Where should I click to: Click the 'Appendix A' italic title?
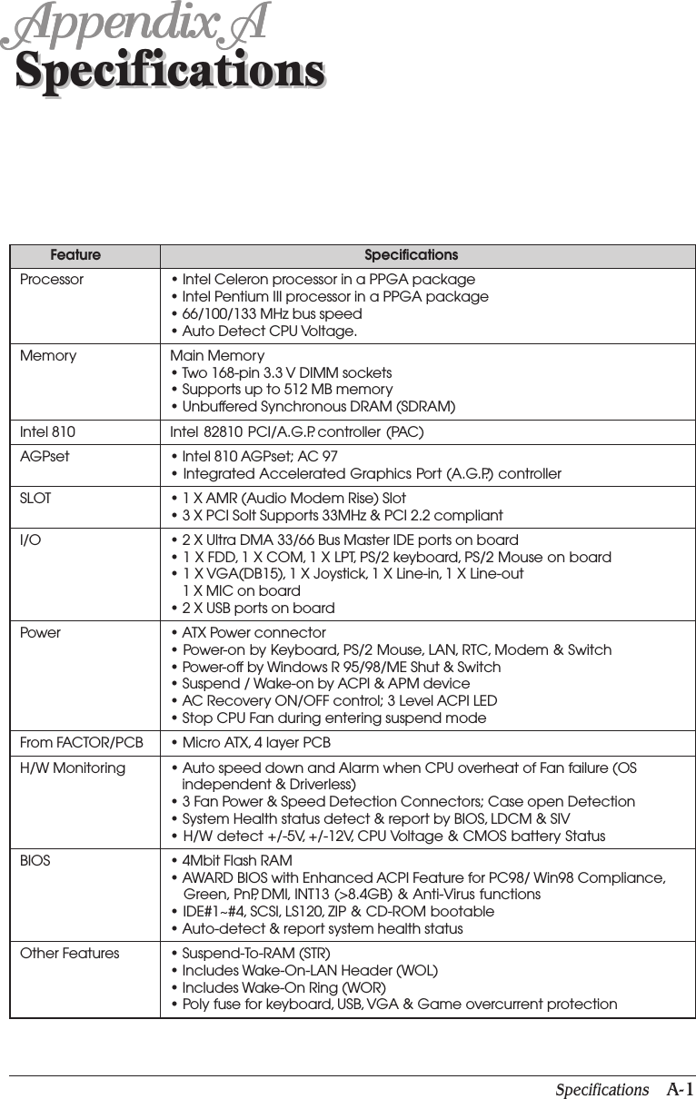coord(136,25)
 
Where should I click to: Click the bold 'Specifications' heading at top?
coord(170,70)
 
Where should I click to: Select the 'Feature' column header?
coord(75,256)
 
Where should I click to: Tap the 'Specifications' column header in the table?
coord(411,256)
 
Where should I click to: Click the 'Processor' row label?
coord(52,280)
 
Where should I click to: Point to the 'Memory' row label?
coord(48,356)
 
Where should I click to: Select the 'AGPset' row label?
coord(45,457)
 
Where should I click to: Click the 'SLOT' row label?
coord(35,499)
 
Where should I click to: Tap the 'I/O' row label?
coord(30,540)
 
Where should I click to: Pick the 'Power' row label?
coord(40,633)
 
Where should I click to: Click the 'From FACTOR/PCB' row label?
coord(82,744)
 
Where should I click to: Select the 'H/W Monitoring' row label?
coord(73,768)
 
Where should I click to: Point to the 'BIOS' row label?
coord(35,861)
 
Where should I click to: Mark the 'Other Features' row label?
coord(69,954)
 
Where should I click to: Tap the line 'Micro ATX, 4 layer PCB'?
coord(255,744)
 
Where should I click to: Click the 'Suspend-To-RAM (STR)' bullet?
coord(256,954)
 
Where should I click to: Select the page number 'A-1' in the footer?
coord(679,1090)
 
